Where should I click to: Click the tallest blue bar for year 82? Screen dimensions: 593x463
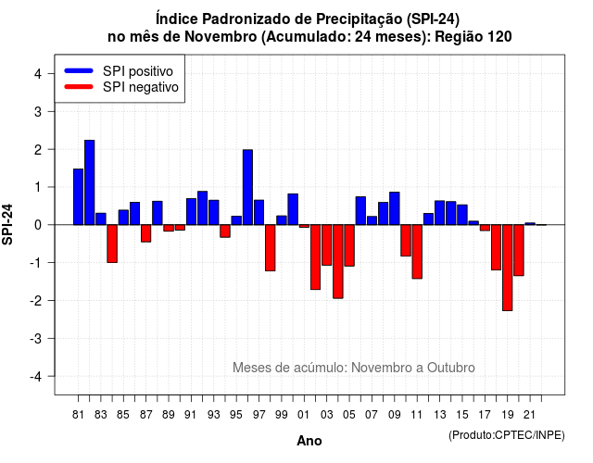point(90,182)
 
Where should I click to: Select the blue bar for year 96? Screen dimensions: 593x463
point(247,187)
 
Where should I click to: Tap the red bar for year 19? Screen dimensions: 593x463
point(508,268)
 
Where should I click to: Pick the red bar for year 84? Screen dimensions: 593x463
point(112,244)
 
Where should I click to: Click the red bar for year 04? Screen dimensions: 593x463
point(338,261)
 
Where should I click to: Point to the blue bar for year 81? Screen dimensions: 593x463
point(78,197)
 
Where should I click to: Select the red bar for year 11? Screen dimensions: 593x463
point(417,251)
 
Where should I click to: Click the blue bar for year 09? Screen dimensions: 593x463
point(395,208)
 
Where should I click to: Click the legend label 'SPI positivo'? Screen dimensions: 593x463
point(138,71)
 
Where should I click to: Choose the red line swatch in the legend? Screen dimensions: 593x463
point(79,87)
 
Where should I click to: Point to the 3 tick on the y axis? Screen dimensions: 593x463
point(51,111)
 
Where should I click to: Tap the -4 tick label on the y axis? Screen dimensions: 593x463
point(36,377)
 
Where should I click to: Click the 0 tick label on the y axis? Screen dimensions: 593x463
point(38,225)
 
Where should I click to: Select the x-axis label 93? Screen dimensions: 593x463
point(214,415)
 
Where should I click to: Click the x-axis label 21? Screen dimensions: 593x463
point(529,415)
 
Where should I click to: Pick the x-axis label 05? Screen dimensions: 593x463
point(349,415)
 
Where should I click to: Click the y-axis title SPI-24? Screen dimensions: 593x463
point(7,224)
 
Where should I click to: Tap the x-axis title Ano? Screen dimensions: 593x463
point(309,441)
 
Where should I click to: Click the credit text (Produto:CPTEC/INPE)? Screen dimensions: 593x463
point(507,435)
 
